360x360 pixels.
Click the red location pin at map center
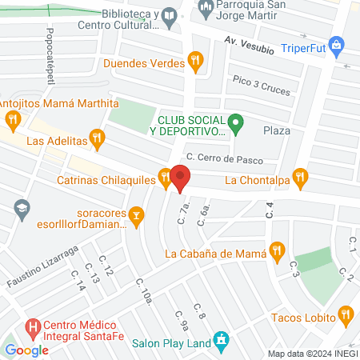click(180, 177)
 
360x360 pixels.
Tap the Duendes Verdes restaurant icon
click(194, 59)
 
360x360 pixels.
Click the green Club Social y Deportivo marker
click(235, 123)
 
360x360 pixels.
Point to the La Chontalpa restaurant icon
click(300, 177)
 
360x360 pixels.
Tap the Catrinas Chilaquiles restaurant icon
click(165, 179)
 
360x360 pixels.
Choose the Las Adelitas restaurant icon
click(98, 138)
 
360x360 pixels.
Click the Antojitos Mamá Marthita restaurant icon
click(12, 121)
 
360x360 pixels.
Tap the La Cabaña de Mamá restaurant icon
click(277, 250)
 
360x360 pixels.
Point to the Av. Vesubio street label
click(249, 45)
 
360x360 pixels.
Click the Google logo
click(26, 350)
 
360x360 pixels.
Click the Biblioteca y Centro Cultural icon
click(169, 16)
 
